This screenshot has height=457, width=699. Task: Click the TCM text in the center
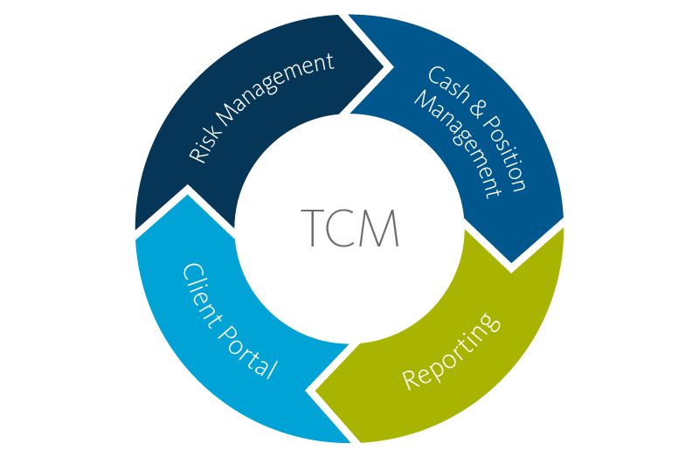pyautogui.click(x=349, y=229)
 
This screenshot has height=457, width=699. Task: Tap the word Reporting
pyautogui.click(x=452, y=350)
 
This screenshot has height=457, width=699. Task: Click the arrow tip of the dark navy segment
pyautogui.click(x=384, y=66)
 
